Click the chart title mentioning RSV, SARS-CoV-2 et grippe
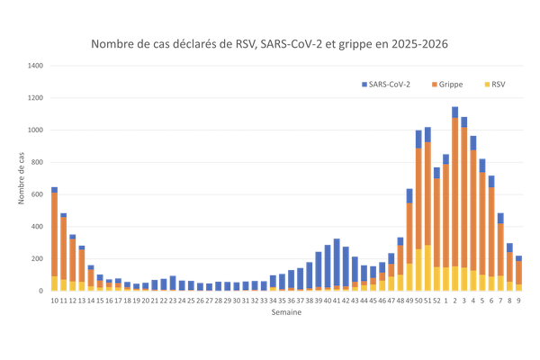(x=270, y=43)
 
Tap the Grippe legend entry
(x=448, y=84)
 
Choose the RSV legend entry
(x=496, y=84)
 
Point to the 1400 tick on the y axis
(x=35, y=66)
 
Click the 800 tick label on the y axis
(x=37, y=162)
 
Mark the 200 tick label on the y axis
(x=37, y=259)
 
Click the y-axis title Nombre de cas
(x=22, y=178)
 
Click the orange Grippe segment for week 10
(x=54, y=234)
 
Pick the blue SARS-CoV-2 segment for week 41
(x=337, y=262)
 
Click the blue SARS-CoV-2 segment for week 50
(x=418, y=139)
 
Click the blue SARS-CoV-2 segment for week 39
(x=319, y=269)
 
